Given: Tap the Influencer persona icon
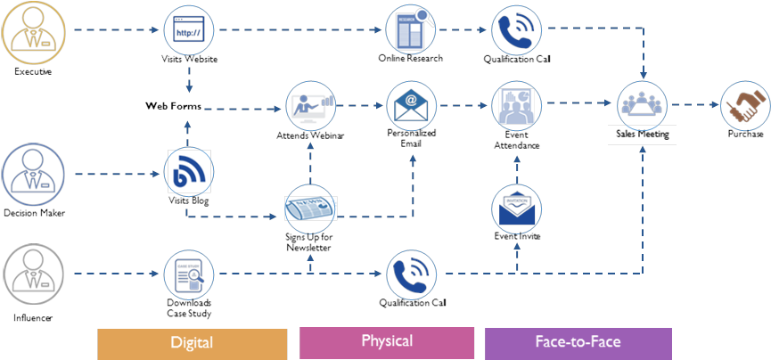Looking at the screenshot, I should click(x=33, y=277).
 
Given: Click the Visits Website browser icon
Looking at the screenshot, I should click(x=189, y=30).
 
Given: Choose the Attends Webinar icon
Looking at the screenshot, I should click(x=311, y=104).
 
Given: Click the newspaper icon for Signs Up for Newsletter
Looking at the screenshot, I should click(x=309, y=207).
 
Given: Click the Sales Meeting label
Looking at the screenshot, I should click(x=642, y=135).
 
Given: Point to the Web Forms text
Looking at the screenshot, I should click(x=173, y=106).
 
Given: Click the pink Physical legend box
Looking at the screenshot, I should click(x=387, y=341).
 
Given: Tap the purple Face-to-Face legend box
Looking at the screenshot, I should click(x=578, y=342).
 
